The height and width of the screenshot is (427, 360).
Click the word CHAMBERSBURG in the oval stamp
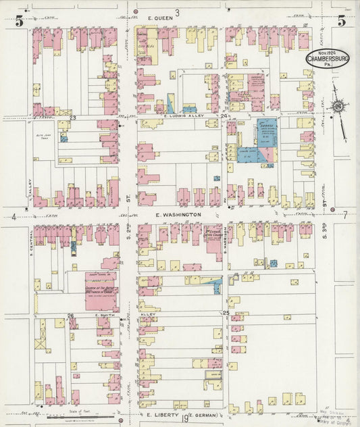(x=328, y=59)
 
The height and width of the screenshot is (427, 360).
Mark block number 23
(x=72, y=118)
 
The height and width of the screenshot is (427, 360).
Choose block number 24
(x=224, y=117)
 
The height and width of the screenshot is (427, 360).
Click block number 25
(x=226, y=313)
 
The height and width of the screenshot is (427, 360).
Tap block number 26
(x=70, y=316)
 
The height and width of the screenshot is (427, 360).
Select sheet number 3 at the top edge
(x=177, y=12)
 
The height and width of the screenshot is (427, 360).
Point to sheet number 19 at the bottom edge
(x=184, y=420)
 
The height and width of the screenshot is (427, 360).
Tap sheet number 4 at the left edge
(x=14, y=217)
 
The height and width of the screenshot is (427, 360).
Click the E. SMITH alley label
(x=104, y=315)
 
